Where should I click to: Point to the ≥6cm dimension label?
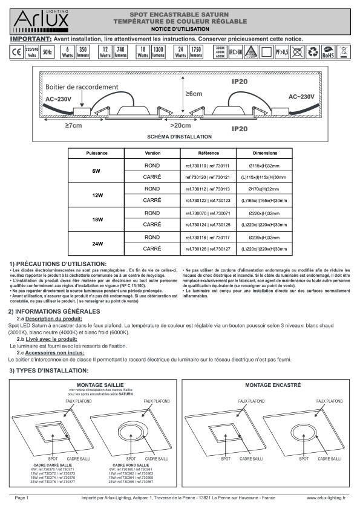click(194, 94)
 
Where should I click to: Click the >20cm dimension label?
click(180, 126)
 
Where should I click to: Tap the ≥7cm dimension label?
click(73, 126)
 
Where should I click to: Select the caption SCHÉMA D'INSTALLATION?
click(180, 137)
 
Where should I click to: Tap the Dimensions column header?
click(264, 154)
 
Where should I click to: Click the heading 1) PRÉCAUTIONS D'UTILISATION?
click(58, 264)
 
